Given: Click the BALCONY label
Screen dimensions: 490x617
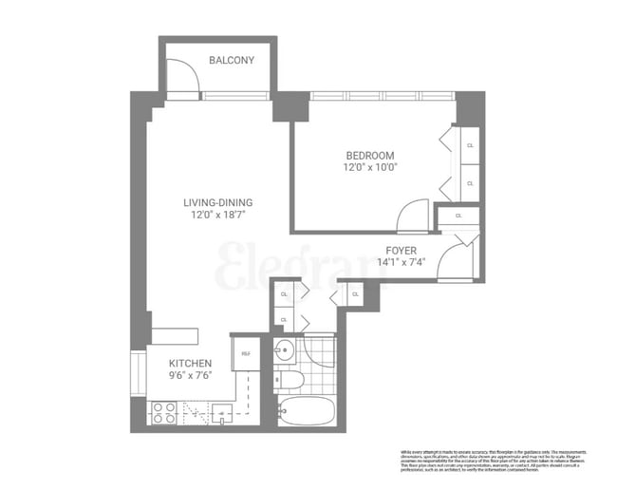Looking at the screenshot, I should [x=232, y=61].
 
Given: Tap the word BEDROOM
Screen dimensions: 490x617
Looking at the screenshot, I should [x=369, y=156].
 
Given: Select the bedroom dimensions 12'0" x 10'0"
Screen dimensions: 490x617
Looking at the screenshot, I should [x=369, y=167].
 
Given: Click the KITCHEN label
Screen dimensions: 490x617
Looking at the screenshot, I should [x=190, y=364].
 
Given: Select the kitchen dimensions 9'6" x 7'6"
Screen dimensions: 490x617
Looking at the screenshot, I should [x=190, y=375].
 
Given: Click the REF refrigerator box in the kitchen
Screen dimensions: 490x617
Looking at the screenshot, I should [x=246, y=353].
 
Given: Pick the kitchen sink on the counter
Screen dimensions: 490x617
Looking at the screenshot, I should [x=224, y=412].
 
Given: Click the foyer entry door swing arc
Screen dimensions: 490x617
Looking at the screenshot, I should [x=455, y=257].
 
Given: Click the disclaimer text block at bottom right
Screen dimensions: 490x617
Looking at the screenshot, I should [x=497, y=460].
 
